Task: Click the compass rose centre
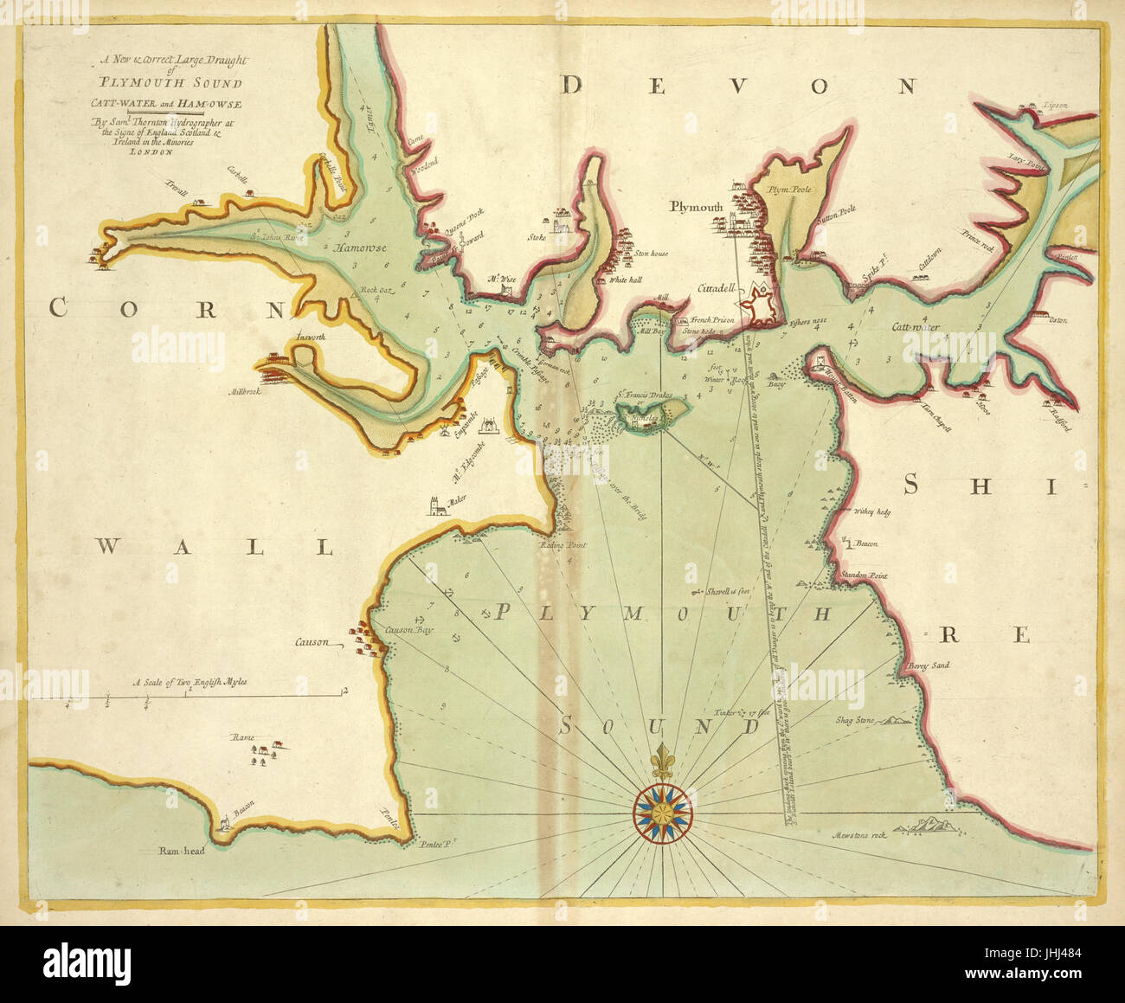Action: (x=662, y=810)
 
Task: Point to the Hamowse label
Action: (x=360, y=248)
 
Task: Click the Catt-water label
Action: (x=916, y=327)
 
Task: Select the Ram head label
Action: (x=181, y=852)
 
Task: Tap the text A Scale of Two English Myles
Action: (x=190, y=682)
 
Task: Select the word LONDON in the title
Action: (x=151, y=151)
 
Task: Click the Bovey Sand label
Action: (x=929, y=665)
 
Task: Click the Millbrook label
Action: (x=245, y=391)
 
